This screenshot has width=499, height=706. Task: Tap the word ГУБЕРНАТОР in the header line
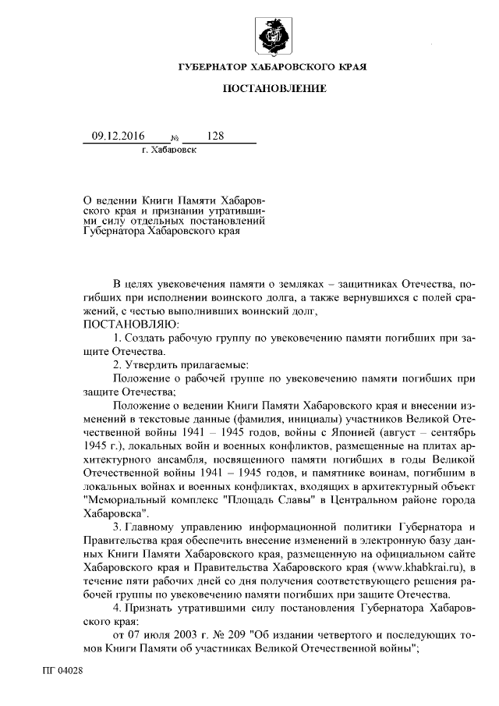pyautogui.click(x=214, y=67)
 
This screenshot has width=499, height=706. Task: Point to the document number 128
pyautogui.click(x=215, y=136)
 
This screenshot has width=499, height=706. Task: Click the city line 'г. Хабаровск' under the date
pyautogui.click(x=169, y=150)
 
